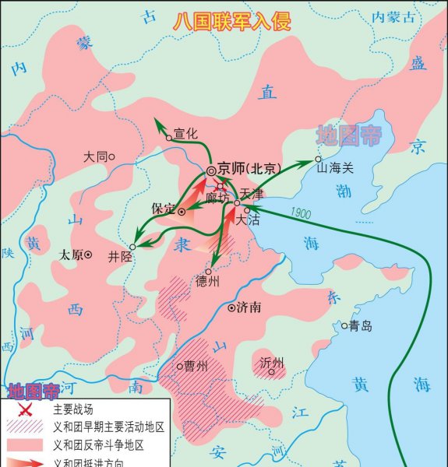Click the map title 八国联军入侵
tap(231, 20)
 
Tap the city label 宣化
tap(186, 134)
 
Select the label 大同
tap(95, 156)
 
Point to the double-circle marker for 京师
tap(210, 170)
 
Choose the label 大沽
tap(247, 220)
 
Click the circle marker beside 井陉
tap(133, 247)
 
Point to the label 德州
tap(208, 282)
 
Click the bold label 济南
tap(249, 307)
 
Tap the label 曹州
tap(196, 365)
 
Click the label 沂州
tap(272, 363)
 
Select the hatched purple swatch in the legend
tap(25, 427)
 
